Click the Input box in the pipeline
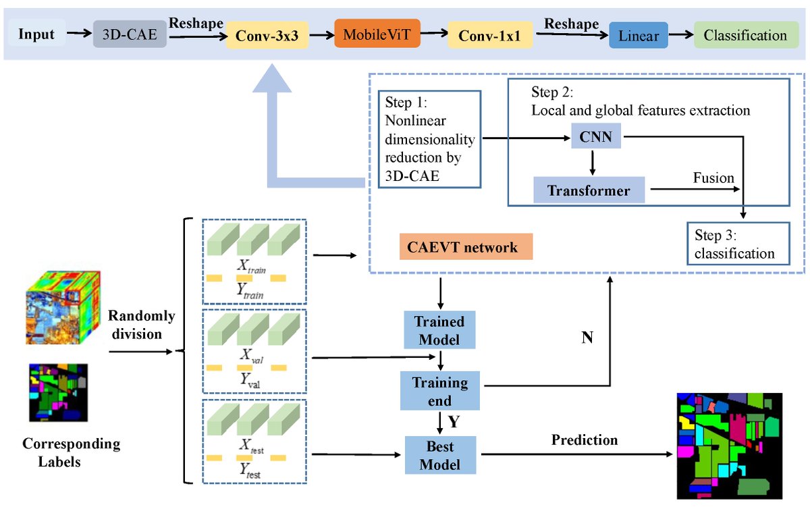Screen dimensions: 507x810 pos(37,34)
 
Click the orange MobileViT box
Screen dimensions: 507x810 pos(377,34)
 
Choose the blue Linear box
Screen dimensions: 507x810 pos(638,35)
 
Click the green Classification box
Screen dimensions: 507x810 pos(745,34)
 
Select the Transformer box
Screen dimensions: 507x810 pos(589,190)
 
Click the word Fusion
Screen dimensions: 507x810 pos(713,178)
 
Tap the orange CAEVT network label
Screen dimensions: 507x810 pos(466,247)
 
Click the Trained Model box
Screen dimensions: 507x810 pos(439,329)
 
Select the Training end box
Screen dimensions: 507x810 pos(439,391)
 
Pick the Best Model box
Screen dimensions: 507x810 pos(439,455)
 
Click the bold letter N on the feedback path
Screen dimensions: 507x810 pos(587,338)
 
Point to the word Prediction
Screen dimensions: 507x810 pos(584,440)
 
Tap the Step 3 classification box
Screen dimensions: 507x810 pos(738,244)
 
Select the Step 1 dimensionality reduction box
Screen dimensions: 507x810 pos(429,138)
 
